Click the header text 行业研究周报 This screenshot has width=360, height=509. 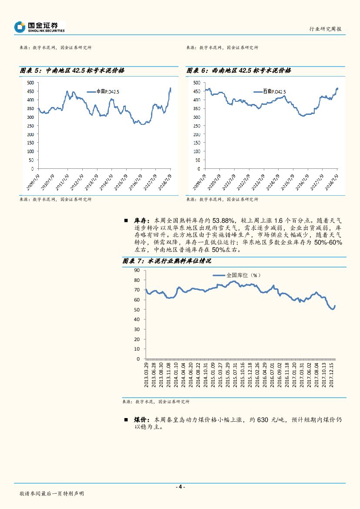(325, 29)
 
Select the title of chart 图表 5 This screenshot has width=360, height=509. (72, 70)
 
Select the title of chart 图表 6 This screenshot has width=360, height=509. (239, 70)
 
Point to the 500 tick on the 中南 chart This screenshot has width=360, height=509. (30, 83)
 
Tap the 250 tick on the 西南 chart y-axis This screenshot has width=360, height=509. (197, 126)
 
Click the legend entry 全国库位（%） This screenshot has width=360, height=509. (238, 275)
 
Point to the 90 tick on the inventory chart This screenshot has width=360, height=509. (137, 270)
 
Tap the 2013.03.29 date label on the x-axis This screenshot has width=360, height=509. (147, 375)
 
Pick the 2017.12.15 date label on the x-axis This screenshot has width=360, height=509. (331, 375)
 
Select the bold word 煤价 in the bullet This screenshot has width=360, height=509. (139, 420)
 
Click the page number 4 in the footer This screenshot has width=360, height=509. (180, 487)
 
